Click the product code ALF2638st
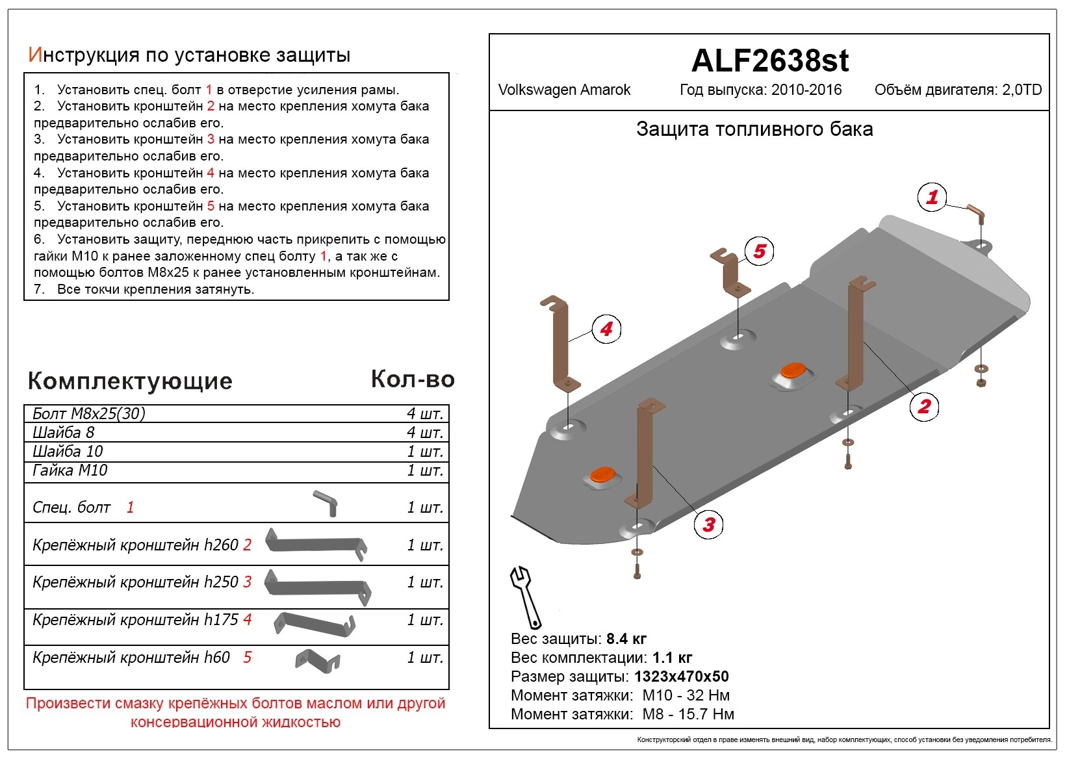[x=770, y=61]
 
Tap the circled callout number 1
[x=932, y=197]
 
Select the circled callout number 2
[x=924, y=406]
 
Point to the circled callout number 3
[x=708, y=524]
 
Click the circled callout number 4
[x=606, y=329]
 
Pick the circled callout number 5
[x=759, y=251]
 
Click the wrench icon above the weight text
[x=525, y=597]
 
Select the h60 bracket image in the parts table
[x=317, y=661]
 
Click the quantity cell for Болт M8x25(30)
[x=425, y=413]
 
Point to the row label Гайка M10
[x=70, y=470]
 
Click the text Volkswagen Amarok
[x=564, y=90]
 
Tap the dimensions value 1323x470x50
[x=681, y=676]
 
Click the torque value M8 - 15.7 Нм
[x=688, y=714]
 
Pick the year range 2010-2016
[x=806, y=90]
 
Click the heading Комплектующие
[x=130, y=381]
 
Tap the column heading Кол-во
[x=413, y=379]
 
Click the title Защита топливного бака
[x=754, y=129]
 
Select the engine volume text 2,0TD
[x=1022, y=90]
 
